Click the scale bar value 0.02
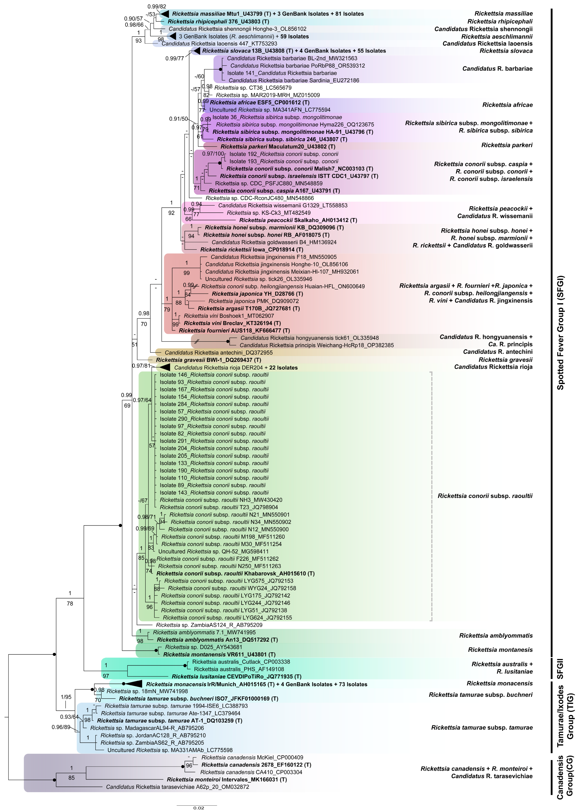tap(199, 808)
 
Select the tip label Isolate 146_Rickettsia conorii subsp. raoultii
tap(214, 375)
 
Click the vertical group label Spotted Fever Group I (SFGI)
tap(560, 333)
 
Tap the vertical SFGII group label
tap(560, 669)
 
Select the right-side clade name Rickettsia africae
tap(507, 105)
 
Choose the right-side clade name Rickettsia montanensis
tap(500, 650)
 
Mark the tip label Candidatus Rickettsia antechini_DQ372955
tap(219, 353)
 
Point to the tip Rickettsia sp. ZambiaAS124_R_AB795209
tap(209, 625)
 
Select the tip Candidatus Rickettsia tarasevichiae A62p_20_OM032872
tap(178, 787)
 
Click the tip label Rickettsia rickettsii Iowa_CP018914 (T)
tap(252, 250)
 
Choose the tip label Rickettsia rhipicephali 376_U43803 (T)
tap(218, 21)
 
